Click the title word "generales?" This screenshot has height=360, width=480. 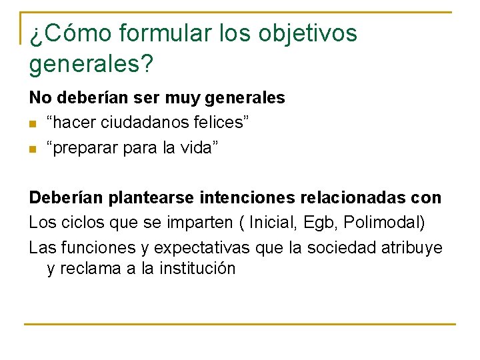pos(91,65)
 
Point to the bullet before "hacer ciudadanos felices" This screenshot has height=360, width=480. pos(32,123)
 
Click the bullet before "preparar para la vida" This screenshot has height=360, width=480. pos(32,149)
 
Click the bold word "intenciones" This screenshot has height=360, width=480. pos(231,198)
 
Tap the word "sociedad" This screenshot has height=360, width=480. pos(330,247)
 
